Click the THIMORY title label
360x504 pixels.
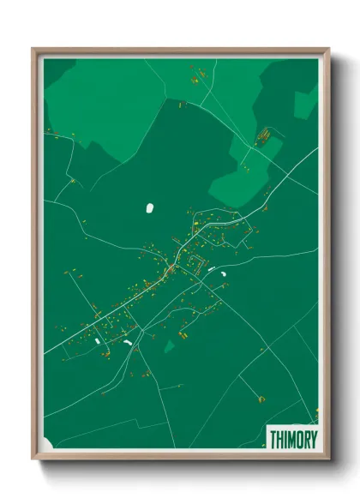pyautogui.click(x=293, y=439)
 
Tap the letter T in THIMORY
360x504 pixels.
pyautogui.click(x=273, y=439)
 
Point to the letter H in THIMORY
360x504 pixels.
pyautogui.click(x=280, y=439)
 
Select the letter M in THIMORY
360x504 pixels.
pyautogui.click(x=291, y=439)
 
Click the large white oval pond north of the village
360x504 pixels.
pyautogui.click(x=150, y=207)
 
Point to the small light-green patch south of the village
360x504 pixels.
pyautogui.click(x=170, y=345)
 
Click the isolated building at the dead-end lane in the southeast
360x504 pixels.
pyautogui.click(x=261, y=399)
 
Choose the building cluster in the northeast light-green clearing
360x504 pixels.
pyautogui.click(x=264, y=135)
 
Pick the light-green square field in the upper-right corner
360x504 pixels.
pyautogui.click(x=305, y=103)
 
